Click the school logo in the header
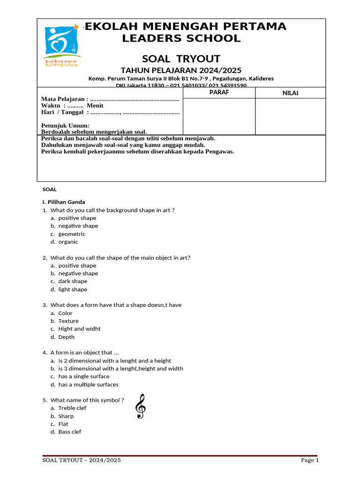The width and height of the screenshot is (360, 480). click(61, 45)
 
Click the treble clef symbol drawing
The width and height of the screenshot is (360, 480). click(140, 406)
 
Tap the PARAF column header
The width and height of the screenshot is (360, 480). click(218, 92)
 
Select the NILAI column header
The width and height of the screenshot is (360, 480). click(290, 93)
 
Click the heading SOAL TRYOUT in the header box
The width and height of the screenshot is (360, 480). click(181, 59)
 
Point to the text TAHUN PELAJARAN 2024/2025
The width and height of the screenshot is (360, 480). click(181, 70)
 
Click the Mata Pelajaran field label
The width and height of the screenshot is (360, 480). click(65, 99)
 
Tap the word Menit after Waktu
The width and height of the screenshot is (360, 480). click(95, 105)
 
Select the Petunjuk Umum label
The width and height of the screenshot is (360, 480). click(65, 126)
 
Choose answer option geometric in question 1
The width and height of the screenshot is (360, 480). click(72, 234)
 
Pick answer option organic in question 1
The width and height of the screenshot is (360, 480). click(68, 242)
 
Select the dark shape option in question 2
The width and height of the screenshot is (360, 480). click(73, 281)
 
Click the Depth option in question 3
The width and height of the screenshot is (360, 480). click(66, 337)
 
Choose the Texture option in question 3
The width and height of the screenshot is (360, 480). click(68, 321)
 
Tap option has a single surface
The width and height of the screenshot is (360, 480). click(83, 376)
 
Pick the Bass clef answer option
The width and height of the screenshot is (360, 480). click(69, 432)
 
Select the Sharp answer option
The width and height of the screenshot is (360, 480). click(66, 416)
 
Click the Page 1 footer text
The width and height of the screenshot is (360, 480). click(309, 460)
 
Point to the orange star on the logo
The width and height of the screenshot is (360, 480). click(76, 27)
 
